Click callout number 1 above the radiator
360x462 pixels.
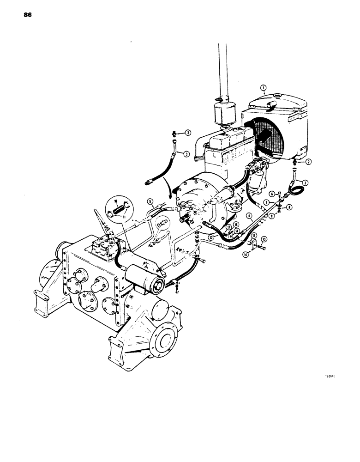(263, 87)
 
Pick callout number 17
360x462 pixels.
(228, 227)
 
